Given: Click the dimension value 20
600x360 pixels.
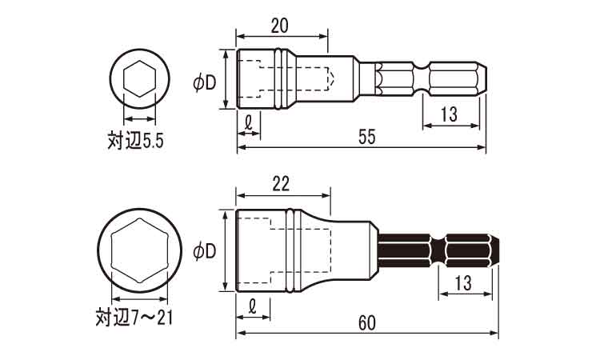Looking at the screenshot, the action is [x=280, y=26].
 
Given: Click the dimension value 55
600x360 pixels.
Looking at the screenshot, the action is [x=367, y=137].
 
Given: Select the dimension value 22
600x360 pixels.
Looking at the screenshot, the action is [x=281, y=184].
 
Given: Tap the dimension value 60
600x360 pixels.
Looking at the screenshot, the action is [x=367, y=323].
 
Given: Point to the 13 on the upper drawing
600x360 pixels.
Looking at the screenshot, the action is [x=449, y=114].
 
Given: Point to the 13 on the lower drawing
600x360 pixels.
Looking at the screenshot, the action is [x=463, y=283].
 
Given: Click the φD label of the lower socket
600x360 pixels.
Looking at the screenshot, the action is [x=205, y=251].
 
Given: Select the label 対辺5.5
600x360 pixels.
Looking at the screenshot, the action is [x=135, y=141].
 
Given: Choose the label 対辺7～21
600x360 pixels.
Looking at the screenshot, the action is [x=134, y=317].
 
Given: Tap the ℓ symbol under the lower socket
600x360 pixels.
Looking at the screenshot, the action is [x=253, y=306].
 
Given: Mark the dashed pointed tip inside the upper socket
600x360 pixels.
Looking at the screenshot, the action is [x=331, y=79].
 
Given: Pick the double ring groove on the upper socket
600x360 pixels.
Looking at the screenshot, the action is [x=281, y=79].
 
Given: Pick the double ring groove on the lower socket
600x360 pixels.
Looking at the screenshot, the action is [x=293, y=250].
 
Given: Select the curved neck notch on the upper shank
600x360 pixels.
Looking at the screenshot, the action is [x=422, y=79].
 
